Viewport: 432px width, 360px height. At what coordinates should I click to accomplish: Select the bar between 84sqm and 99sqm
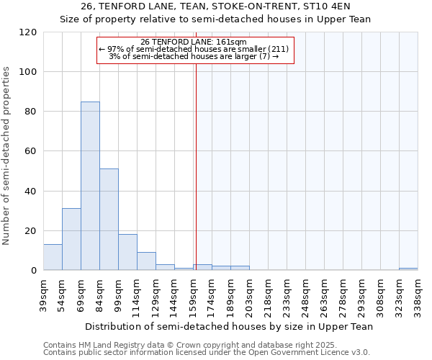tap(109, 220)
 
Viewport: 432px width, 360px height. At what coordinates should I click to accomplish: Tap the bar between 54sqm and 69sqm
tap(71, 239)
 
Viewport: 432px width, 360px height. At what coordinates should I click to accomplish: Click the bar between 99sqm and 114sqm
tap(127, 252)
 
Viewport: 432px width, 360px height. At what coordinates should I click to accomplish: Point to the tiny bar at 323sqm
tap(408, 269)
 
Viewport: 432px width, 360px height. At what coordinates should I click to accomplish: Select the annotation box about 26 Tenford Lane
tap(195, 50)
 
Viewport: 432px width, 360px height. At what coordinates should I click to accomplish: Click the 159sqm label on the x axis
tap(193, 294)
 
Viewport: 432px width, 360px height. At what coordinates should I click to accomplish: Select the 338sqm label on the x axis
tap(418, 294)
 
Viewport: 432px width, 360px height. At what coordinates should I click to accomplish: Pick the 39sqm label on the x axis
tap(43, 294)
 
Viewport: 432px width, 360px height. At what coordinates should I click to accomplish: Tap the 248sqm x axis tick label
tap(305, 294)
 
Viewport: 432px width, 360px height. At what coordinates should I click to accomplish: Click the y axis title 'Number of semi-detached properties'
tap(7, 156)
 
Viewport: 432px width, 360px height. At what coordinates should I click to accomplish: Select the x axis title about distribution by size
tap(229, 326)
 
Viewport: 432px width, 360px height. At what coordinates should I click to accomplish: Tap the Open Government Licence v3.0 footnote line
tap(207, 352)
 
